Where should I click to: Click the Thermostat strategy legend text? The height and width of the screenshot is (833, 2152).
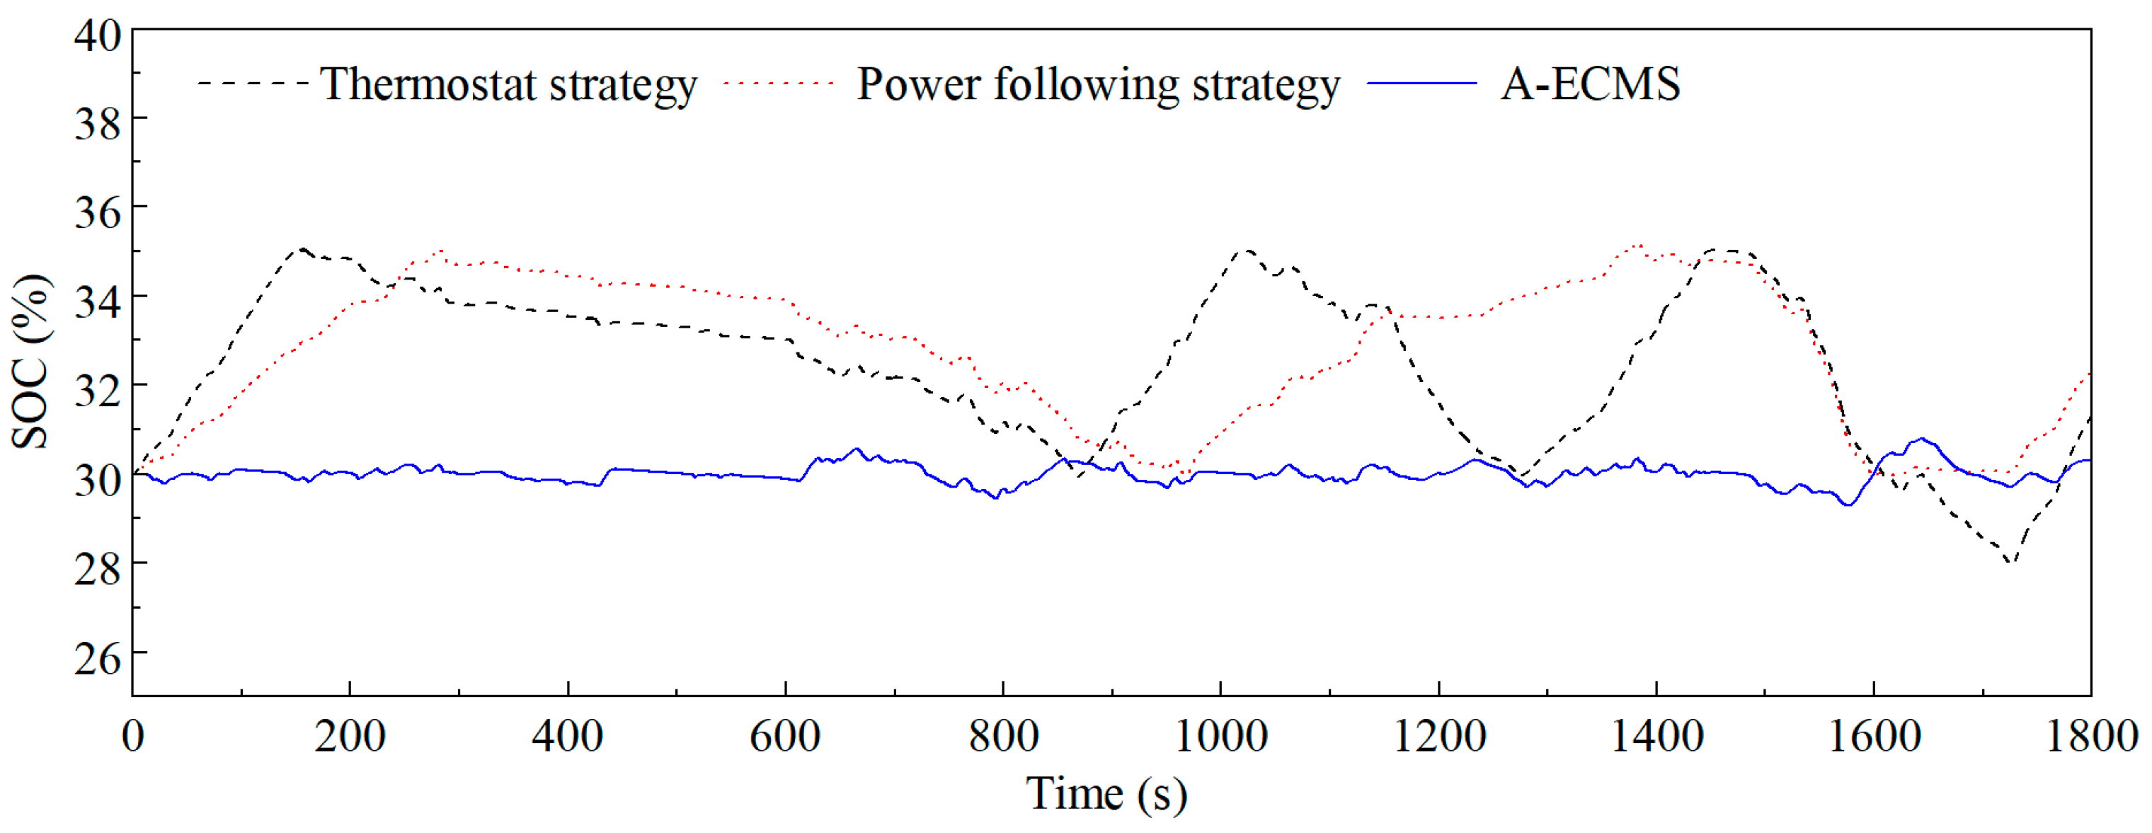click(x=508, y=84)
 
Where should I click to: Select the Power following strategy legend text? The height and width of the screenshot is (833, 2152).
click(x=1098, y=84)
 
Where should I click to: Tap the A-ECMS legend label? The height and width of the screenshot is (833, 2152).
click(x=1589, y=84)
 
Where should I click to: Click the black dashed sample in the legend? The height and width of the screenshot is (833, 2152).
click(x=252, y=84)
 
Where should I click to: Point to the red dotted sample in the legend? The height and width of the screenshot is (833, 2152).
click(x=779, y=84)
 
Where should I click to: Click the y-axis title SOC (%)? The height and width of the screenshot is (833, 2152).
click(x=31, y=361)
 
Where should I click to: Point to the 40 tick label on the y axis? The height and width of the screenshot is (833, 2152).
click(x=97, y=35)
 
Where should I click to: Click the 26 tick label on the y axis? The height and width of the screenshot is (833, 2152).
click(x=97, y=658)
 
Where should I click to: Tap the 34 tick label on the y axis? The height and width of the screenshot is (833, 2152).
click(x=97, y=301)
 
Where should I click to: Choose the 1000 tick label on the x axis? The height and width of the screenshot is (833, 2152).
click(x=1220, y=736)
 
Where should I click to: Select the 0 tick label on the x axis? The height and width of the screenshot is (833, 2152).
click(x=133, y=736)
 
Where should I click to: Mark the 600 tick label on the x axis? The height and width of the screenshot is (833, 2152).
click(x=784, y=736)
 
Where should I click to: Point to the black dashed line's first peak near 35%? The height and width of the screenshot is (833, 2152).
click(x=302, y=249)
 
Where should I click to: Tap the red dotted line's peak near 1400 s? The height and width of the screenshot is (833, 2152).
click(x=1638, y=246)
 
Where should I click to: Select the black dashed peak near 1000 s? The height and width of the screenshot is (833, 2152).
click(x=1246, y=250)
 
